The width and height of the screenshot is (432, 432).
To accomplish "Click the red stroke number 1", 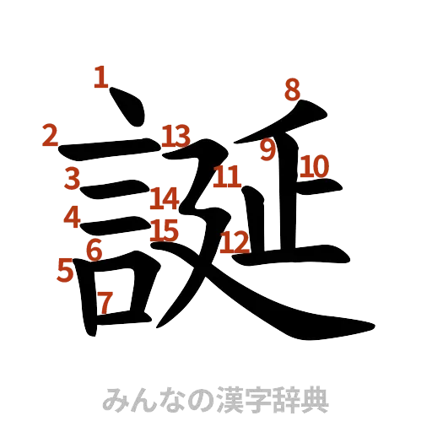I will [101, 80].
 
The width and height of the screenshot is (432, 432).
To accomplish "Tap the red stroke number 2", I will [51, 135].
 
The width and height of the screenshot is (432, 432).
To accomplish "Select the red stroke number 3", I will [73, 178].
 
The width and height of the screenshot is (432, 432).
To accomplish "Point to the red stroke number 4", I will [73, 216].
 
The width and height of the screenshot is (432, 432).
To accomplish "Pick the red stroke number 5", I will [65, 269].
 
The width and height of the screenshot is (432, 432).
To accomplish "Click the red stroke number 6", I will [94, 250].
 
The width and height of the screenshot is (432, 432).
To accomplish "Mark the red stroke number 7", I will [105, 301].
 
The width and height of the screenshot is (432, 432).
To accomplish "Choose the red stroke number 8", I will [292, 88].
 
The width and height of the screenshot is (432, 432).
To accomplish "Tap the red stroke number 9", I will [267, 150].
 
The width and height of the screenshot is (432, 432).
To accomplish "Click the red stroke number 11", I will [227, 178].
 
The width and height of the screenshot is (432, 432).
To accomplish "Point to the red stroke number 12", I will [235, 243].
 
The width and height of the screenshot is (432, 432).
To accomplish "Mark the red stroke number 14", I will [165, 200].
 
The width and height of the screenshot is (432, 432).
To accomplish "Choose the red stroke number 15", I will [165, 229].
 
